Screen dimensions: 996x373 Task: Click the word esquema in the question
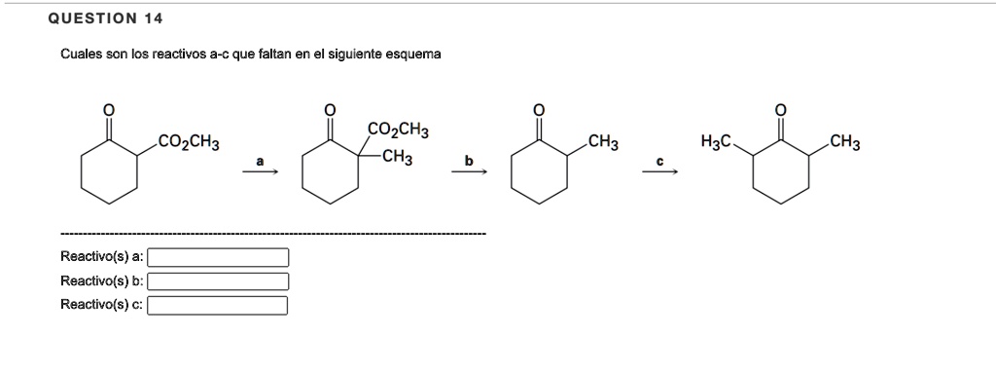414,55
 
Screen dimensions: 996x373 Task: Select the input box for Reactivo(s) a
218,257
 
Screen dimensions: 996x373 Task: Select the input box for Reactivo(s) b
218,281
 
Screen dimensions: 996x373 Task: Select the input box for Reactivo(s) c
218,306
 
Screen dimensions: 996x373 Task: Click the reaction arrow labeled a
260,172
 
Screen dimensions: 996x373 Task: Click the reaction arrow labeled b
468,172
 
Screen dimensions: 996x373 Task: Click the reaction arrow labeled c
658,172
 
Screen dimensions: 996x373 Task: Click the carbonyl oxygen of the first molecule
109,108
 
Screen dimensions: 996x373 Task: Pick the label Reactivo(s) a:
102,257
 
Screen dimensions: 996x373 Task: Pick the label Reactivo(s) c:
102,306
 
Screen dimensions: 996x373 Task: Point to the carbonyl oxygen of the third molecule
540,108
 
